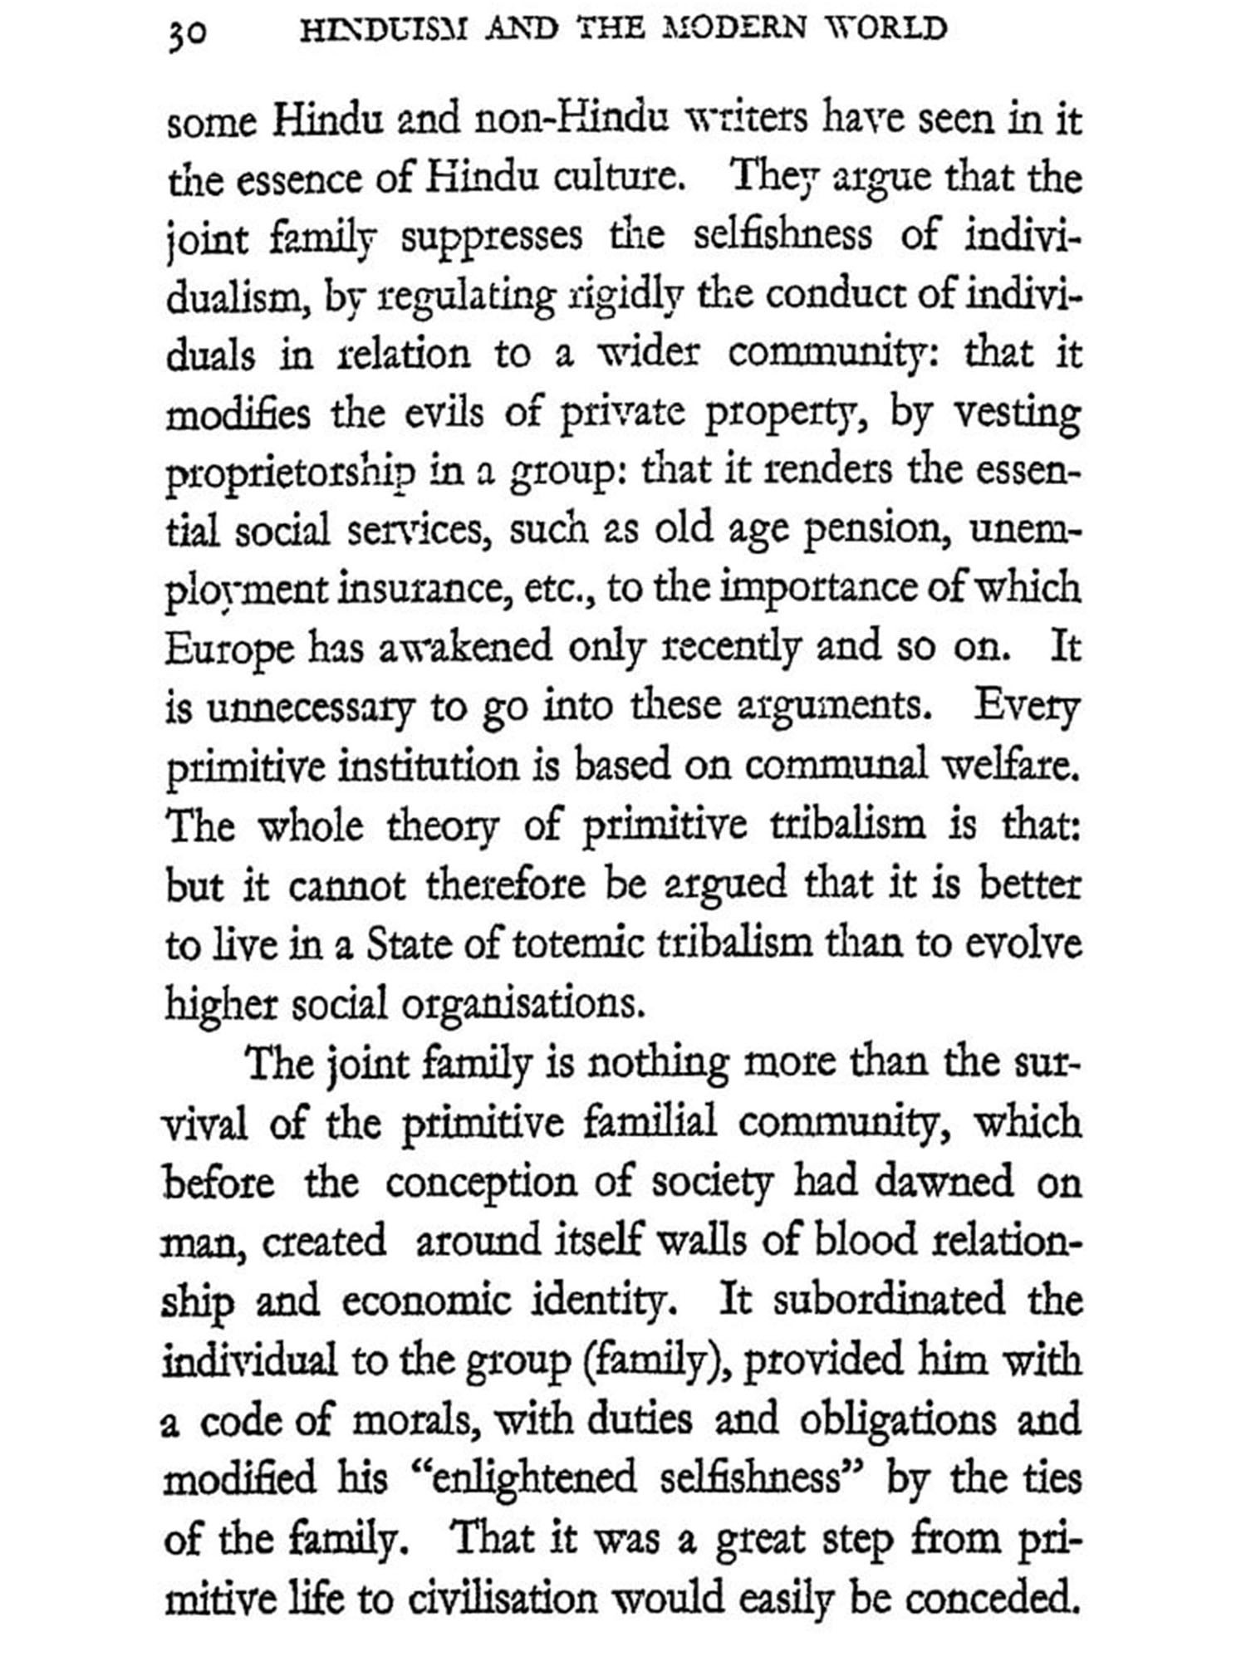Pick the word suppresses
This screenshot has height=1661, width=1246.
(x=492, y=238)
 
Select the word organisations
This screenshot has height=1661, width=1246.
(x=522, y=1005)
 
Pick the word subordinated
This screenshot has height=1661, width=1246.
(x=888, y=1301)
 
